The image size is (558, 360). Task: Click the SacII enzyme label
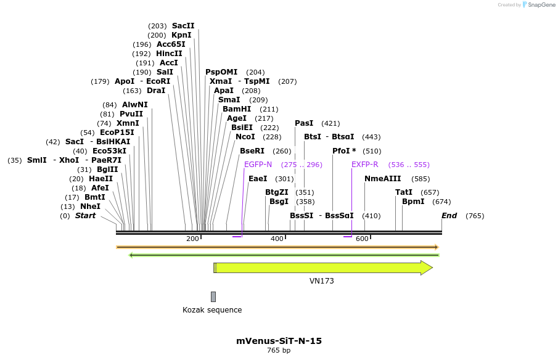tap(183, 26)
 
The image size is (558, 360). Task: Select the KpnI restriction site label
tap(181, 35)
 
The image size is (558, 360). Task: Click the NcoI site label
tap(245, 137)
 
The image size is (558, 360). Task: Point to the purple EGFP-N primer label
tap(258, 165)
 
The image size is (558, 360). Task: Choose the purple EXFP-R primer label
tap(365, 165)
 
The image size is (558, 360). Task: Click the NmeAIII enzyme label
tap(382, 179)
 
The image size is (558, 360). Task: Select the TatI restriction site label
tap(403, 192)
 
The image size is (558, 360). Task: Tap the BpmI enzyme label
tap(413, 202)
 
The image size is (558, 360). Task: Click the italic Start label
tap(85, 216)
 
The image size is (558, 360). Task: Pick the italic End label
tap(449, 216)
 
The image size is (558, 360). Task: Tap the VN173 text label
tap(321, 281)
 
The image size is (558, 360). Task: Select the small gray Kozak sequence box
tap(213, 297)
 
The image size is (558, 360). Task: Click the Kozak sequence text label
tap(212, 310)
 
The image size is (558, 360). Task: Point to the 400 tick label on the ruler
tap(276, 239)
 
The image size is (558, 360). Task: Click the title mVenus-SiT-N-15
tap(279, 341)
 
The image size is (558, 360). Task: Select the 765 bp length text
tap(279, 351)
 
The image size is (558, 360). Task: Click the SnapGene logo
tap(538, 5)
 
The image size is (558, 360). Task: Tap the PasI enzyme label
tap(304, 123)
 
